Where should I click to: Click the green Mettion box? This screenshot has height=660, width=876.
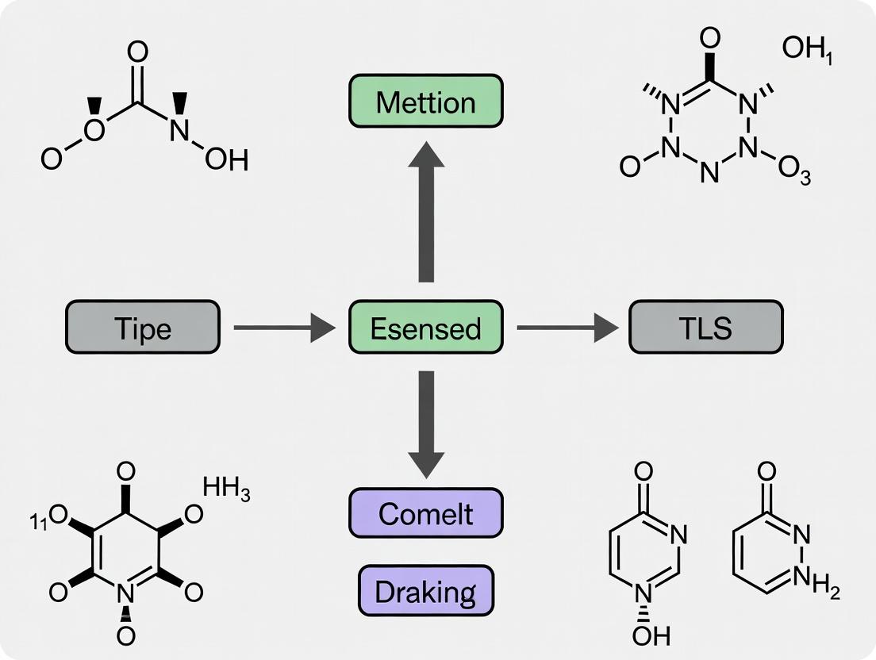coord(425,102)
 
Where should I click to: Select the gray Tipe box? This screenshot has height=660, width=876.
coord(142,327)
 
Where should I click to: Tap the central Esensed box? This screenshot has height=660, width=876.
coord(425,327)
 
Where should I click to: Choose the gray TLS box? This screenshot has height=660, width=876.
coord(705,327)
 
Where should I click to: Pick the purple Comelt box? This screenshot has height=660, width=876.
coord(425,513)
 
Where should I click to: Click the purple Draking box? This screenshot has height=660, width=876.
coord(425,591)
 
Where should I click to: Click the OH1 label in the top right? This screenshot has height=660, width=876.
coord(806,51)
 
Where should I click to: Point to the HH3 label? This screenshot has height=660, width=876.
coord(226,489)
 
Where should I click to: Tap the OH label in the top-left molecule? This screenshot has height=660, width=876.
coord(226,160)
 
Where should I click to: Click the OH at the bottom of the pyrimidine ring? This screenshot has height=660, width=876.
coord(651,635)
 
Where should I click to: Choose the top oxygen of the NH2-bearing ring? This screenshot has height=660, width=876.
coord(766,473)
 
